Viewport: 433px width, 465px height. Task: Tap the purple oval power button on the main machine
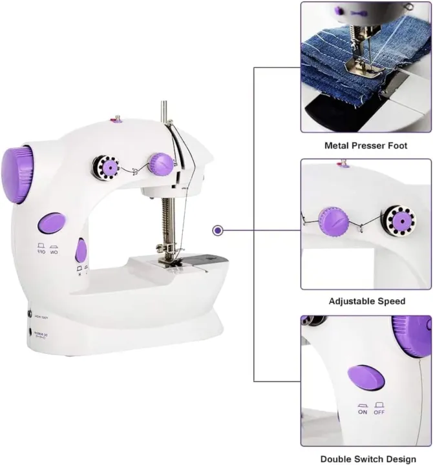(x=52, y=223)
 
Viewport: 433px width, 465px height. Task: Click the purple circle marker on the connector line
(x=218, y=230)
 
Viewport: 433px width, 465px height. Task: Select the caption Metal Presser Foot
(x=366, y=146)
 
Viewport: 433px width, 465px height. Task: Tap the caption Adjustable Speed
(x=366, y=301)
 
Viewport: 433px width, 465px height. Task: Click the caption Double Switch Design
(x=366, y=459)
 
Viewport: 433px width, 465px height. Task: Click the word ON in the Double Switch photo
(x=363, y=411)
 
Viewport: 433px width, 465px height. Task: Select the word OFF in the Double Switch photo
(x=379, y=411)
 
